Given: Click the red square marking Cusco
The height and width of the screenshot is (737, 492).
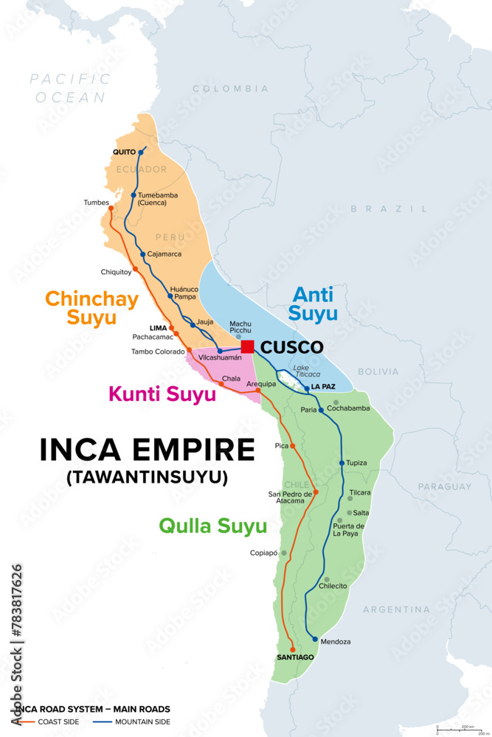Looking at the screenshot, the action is (x=247, y=346).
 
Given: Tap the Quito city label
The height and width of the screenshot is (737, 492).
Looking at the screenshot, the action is (x=124, y=152).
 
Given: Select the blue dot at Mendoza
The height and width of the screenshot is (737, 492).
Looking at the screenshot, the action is (x=315, y=639).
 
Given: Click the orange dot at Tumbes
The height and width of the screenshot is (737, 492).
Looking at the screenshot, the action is (x=111, y=208).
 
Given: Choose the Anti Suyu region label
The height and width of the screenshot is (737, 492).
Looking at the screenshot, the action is (x=315, y=304).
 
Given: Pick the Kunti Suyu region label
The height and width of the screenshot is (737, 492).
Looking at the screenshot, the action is (x=162, y=394).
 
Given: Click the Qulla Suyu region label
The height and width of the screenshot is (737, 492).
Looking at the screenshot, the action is (x=212, y=526).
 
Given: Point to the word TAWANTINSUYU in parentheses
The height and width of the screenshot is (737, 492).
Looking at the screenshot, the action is (x=147, y=477).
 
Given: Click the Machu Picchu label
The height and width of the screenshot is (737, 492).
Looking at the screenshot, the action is (x=240, y=327).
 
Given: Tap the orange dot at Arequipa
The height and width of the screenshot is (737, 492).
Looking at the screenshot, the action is (x=258, y=390).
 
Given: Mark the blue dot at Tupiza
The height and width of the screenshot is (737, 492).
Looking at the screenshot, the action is (x=342, y=463).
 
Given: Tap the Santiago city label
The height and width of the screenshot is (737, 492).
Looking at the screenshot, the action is (x=295, y=657).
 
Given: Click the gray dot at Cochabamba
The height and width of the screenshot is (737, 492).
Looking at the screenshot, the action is (x=336, y=402).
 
